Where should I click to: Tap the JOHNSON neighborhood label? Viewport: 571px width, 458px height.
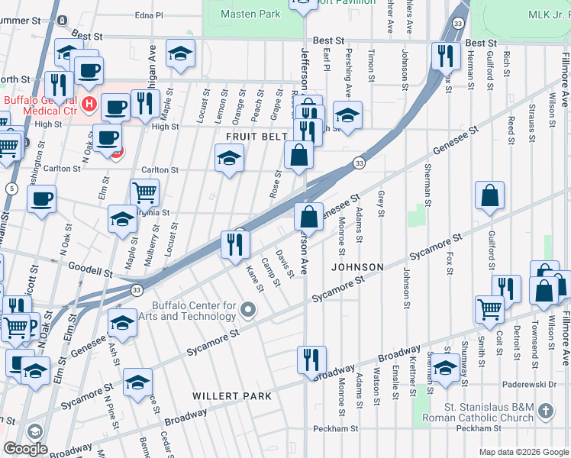tap(356, 267)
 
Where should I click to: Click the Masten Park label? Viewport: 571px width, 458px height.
tap(250, 14)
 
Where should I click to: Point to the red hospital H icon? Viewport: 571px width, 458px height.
tap(89, 103)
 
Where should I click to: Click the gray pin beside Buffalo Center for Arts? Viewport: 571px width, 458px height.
tap(247, 309)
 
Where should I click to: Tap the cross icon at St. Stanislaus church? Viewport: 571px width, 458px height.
tap(544, 411)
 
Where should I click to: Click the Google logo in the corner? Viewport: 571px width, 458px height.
tap(25, 448)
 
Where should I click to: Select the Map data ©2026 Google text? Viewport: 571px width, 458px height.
tap(523, 452)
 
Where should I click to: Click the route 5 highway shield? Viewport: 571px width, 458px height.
tap(11, 188)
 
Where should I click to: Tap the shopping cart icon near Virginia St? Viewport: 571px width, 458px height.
tap(144, 192)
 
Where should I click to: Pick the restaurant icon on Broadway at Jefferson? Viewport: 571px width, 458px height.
tap(311, 358)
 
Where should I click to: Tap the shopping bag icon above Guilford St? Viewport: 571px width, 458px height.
tap(489, 195)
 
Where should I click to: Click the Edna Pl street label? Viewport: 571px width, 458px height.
tap(149, 15)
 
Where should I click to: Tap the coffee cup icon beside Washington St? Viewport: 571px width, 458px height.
tap(41, 198)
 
